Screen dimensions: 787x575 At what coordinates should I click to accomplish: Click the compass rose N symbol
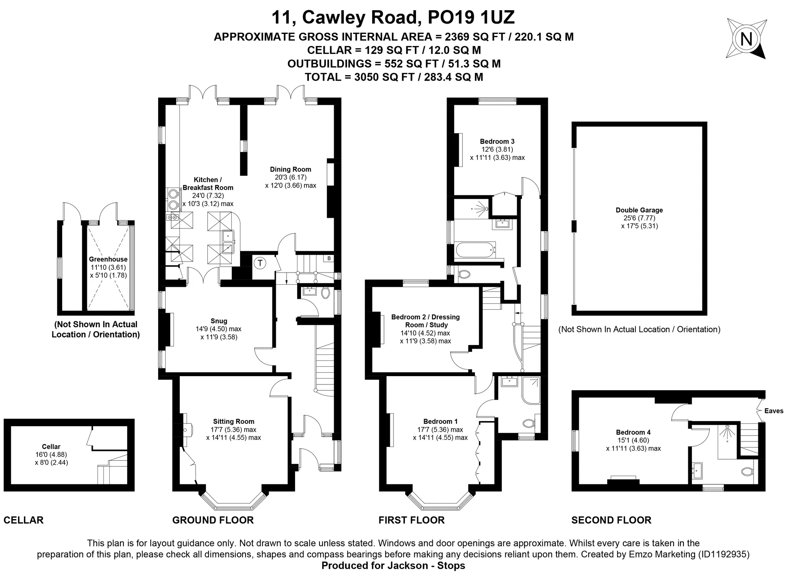click(746, 39)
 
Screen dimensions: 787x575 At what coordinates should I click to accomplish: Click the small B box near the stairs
click(329, 259)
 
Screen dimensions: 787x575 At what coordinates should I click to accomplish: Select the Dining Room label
click(290, 169)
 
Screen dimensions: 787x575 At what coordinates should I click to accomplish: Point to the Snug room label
click(219, 321)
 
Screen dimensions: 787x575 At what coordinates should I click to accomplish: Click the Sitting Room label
click(234, 421)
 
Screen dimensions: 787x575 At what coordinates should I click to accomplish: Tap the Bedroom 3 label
click(497, 141)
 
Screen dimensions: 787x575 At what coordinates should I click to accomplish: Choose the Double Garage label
click(639, 210)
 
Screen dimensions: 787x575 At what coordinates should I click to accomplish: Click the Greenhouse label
click(108, 259)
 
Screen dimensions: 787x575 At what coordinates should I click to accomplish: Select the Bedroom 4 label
click(633, 432)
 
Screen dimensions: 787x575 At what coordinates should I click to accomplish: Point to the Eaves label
click(774, 411)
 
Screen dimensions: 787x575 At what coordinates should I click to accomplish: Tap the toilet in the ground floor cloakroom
click(325, 293)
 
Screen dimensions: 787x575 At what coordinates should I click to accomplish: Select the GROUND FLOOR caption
click(213, 520)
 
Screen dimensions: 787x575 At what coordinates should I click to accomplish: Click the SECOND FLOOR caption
click(611, 520)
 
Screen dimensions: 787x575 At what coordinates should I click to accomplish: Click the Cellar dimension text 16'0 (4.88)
click(51, 454)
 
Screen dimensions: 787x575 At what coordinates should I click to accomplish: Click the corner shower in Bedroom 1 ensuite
click(531, 390)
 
